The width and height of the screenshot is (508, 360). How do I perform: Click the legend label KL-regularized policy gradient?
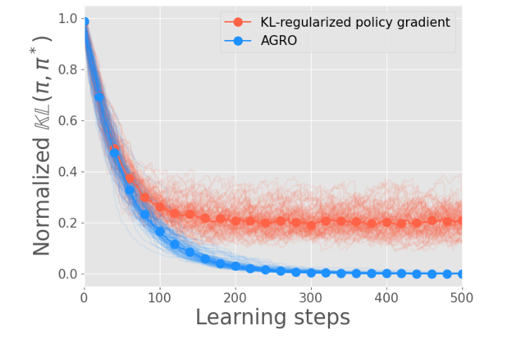(354, 22)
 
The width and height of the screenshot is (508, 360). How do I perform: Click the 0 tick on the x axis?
(84, 297)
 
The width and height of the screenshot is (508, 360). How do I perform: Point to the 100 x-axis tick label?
(160, 297)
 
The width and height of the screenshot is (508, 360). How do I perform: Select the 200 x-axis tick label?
(236, 297)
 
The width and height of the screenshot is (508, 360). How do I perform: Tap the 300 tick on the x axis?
(311, 297)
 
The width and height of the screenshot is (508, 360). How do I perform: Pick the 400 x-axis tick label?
(387, 297)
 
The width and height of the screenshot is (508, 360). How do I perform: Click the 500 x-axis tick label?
(462, 297)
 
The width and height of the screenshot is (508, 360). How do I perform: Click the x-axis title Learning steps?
(273, 318)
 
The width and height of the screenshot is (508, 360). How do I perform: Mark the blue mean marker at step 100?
(160, 231)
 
